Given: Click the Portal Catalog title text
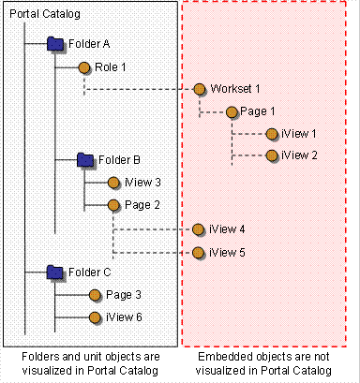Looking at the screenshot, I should tap(45, 15).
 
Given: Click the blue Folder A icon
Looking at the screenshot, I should tap(56, 43).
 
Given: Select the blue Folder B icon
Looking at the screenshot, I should tap(85, 159).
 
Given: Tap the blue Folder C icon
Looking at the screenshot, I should tap(56, 273).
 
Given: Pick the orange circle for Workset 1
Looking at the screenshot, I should tap(200, 89).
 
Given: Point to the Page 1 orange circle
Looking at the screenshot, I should tap(229, 111).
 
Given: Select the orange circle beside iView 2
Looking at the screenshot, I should tap(271, 155).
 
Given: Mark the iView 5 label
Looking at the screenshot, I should tap(228, 252).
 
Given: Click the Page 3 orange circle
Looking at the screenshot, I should tap(95, 295).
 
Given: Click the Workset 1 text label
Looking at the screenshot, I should tap(234, 89).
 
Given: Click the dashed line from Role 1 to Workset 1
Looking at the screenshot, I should tap(141, 91).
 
